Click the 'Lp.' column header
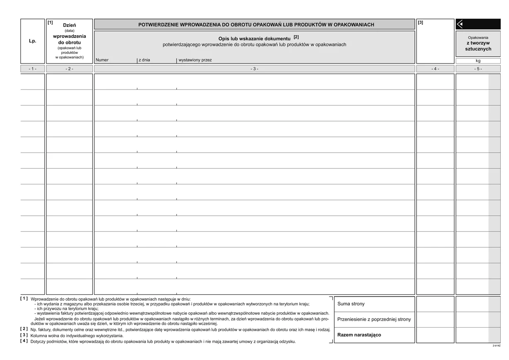coord(32,41)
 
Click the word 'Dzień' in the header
coord(69,25)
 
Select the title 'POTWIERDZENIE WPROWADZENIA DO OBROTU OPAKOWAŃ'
coord(256,25)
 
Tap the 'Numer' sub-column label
coord(102,60)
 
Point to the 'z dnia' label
coord(144,60)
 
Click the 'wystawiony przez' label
coord(195,60)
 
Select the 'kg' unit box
coord(478,61)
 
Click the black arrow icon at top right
coord(460,24)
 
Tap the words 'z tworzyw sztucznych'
coord(478,46)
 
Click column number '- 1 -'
coord(32,69)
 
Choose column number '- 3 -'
coord(254,69)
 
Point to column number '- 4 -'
coord(435,69)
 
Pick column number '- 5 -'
coord(478,69)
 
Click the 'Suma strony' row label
coord(351,304)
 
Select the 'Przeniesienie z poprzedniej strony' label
coord(374,319)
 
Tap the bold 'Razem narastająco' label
coord(359,335)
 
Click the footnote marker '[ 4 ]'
coord(24,341)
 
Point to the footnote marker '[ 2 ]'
coord(24,329)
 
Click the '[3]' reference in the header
coord(421,22)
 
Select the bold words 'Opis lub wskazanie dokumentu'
coord(254,39)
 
